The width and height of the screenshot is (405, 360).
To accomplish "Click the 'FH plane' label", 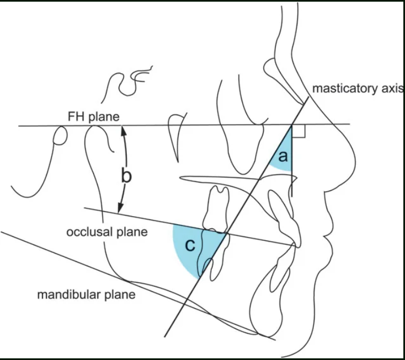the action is click(93, 117).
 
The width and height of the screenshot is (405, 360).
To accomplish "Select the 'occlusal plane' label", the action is click(107, 232).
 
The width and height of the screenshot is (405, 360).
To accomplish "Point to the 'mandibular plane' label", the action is click(86, 294).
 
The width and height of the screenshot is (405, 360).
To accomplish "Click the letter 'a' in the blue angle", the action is click(283, 157).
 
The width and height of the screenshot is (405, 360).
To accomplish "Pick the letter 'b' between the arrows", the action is click(126, 176).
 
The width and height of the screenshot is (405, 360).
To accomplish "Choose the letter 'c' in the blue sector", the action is click(190, 245).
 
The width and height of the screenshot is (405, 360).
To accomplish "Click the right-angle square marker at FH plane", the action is click(299, 131).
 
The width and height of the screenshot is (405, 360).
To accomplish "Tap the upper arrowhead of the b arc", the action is click(124, 130).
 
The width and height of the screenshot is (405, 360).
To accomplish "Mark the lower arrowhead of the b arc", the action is click(120, 208).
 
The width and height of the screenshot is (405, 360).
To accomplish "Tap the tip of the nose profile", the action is click(355, 162).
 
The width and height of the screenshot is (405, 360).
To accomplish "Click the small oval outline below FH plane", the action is click(60, 135).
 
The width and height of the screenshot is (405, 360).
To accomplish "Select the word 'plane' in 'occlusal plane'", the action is click(132, 232).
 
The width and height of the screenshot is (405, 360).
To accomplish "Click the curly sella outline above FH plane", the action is click(126, 83).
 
